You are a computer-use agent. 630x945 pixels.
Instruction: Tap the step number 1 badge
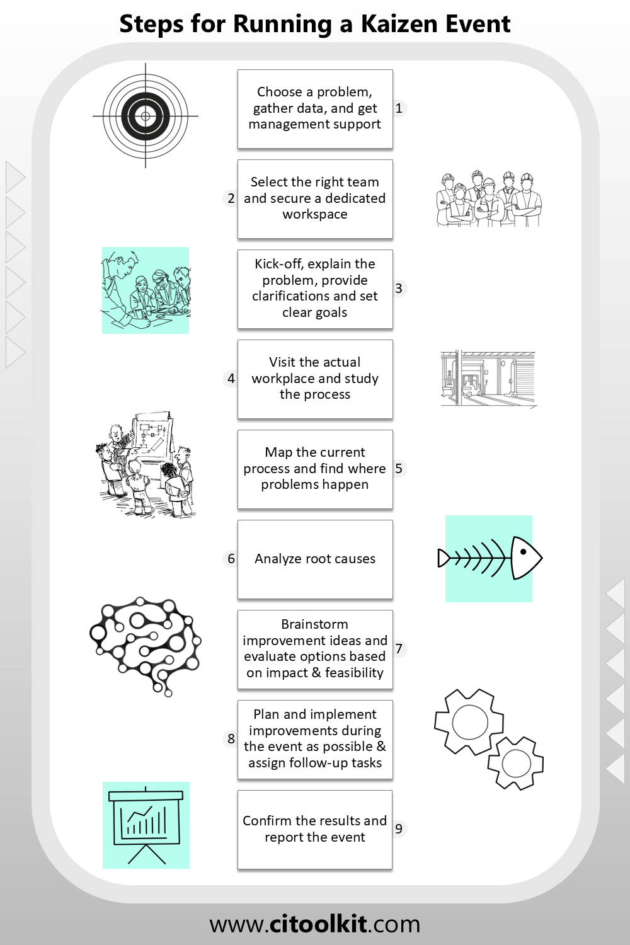399,108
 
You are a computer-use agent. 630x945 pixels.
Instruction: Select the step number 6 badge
231,559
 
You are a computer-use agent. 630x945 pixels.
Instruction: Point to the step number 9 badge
399,828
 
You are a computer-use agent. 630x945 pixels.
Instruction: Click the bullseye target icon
146,115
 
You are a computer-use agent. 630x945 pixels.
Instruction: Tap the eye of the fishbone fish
524,551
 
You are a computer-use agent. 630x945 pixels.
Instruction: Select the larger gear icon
469,722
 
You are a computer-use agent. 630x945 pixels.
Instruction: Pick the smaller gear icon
516,763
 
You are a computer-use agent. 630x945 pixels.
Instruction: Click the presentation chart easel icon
146,825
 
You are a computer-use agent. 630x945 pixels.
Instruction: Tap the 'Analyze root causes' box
315,559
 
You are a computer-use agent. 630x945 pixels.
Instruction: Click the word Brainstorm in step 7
315,624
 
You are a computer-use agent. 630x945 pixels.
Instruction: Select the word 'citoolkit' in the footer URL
316,924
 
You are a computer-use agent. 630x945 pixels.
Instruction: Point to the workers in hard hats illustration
489,198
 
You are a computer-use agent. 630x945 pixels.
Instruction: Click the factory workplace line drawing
489,379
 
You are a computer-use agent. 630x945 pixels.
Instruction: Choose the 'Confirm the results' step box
315,830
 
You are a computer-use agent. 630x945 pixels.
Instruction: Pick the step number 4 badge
231,379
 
